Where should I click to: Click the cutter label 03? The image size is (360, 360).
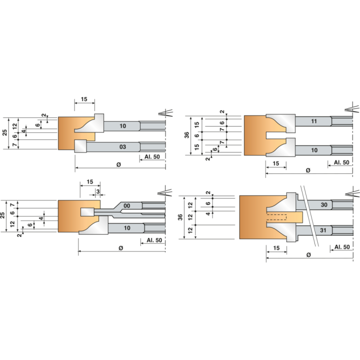[x=122, y=146]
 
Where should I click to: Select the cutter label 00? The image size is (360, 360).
[x=126, y=205]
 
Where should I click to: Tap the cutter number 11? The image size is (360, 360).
[x=314, y=121]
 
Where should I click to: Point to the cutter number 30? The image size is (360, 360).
[x=324, y=205]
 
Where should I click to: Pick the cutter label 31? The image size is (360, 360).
[x=323, y=230]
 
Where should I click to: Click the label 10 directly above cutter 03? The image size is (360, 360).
[x=122, y=126]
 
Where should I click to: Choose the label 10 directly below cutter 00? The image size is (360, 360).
[x=127, y=228]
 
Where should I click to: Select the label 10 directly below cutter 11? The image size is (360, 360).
[x=314, y=150]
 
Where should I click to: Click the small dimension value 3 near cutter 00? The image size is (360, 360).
[x=98, y=191]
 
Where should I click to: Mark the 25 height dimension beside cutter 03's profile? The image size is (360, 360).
[x=4, y=132]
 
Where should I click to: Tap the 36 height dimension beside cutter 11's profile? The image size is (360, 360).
[x=186, y=135]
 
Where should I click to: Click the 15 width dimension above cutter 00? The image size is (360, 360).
[x=90, y=182]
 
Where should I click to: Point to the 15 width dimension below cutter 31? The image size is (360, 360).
[x=276, y=248]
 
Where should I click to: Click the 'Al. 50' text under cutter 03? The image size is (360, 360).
[x=152, y=157]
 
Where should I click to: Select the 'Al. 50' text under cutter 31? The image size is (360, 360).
[x=342, y=247]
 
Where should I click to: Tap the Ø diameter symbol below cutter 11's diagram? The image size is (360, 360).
[x=308, y=170]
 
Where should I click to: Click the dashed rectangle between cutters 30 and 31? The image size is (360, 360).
[x=276, y=217]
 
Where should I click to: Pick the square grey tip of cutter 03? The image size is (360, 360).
[x=80, y=146]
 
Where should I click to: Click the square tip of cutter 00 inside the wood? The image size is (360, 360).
[x=87, y=212]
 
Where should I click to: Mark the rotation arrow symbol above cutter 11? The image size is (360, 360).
[x=352, y=108]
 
